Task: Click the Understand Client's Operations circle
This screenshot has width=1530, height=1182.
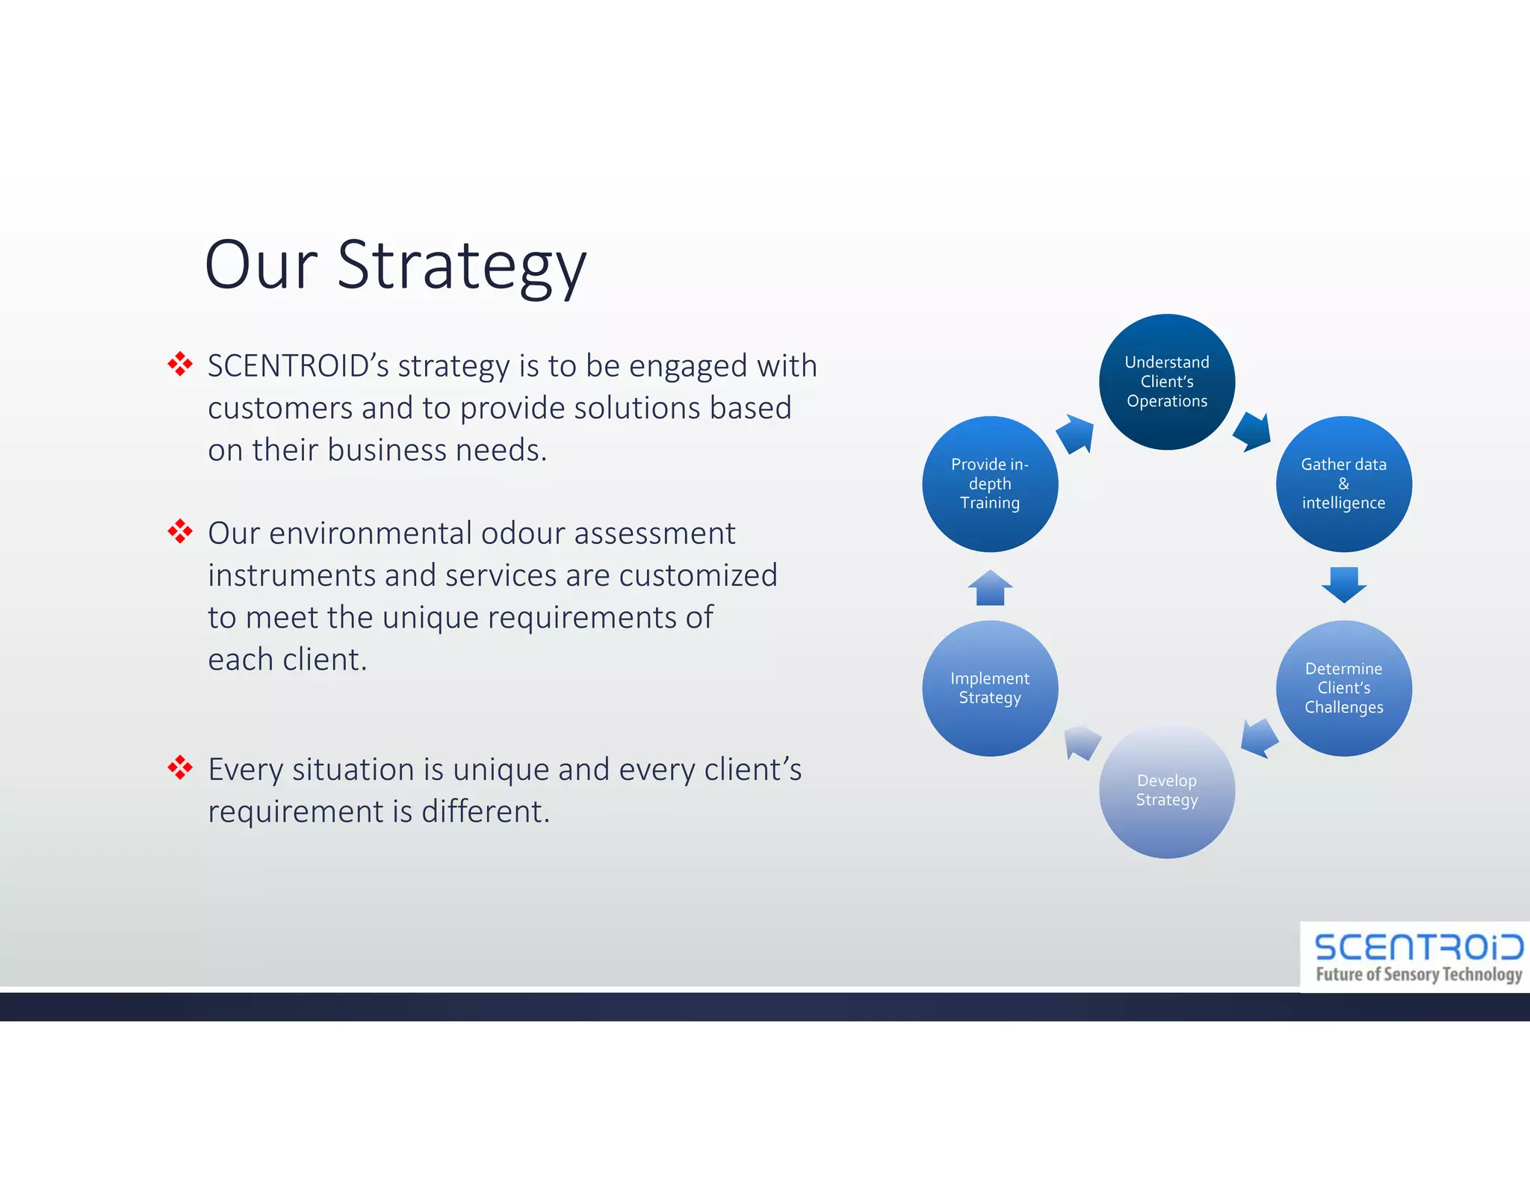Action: point(1166,382)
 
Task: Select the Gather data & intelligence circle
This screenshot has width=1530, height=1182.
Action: point(1343,484)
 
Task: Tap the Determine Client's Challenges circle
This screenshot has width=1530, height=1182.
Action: point(1343,688)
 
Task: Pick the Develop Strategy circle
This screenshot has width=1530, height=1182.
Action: point(1166,790)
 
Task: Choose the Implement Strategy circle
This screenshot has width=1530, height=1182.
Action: point(990,688)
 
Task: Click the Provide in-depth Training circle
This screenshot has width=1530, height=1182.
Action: point(990,484)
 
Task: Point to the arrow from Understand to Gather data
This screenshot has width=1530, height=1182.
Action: point(1253,432)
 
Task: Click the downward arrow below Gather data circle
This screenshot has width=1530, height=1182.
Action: point(1343,584)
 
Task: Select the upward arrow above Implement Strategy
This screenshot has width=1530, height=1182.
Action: point(990,588)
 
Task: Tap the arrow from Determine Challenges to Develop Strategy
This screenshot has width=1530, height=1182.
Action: point(1259,738)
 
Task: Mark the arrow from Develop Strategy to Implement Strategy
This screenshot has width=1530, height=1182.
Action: point(1081,741)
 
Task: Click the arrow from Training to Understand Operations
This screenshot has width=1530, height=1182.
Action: point(1077,434)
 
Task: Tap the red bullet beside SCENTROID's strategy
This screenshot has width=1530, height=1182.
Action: point(180,365)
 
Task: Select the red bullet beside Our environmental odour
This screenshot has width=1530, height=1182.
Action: point(180,532)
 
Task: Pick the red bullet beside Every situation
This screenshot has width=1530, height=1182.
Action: point(180,767)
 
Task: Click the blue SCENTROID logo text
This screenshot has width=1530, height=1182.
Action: point(1417,947)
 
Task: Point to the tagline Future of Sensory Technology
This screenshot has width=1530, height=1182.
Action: point(1417,974)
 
